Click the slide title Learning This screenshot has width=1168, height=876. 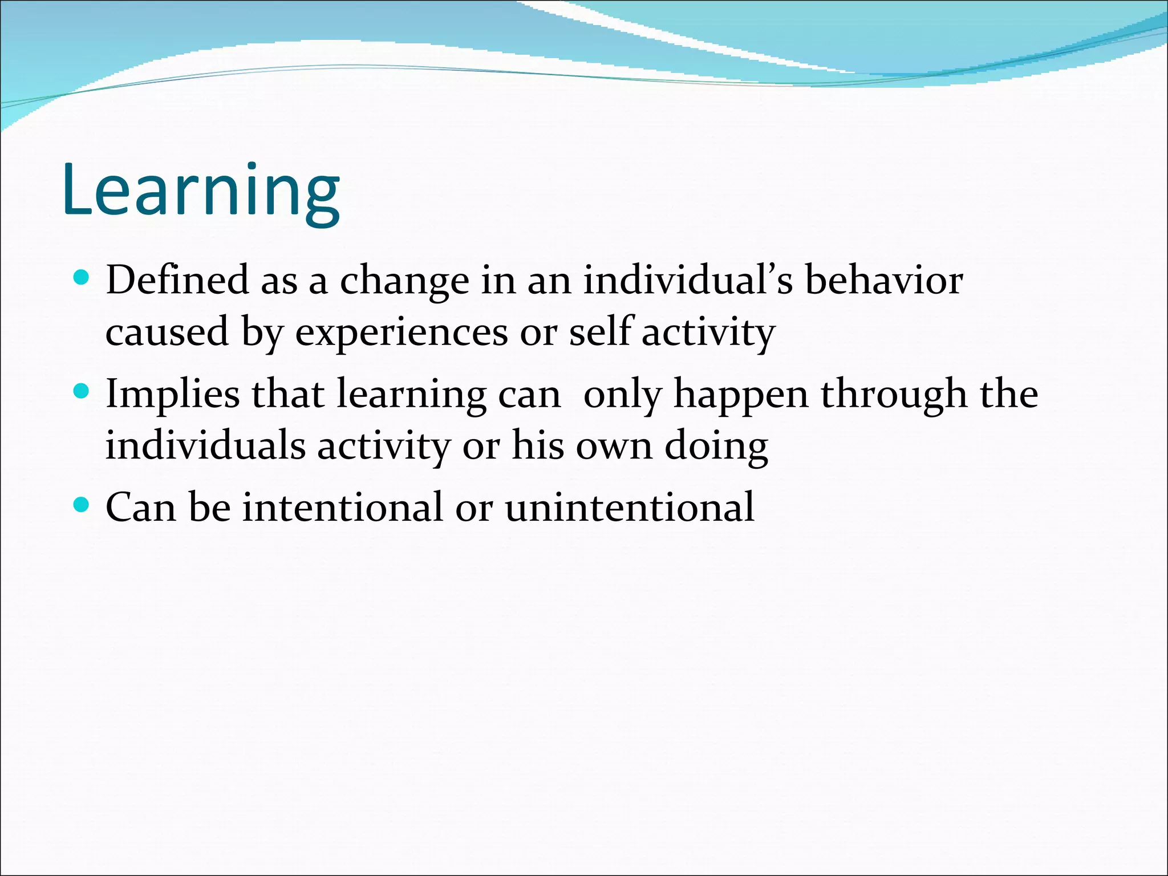pos(201,190)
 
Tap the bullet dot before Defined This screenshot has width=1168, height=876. pos(82,278)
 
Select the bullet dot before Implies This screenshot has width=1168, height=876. pos(82,392)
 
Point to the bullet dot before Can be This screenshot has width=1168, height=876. pos(82,505)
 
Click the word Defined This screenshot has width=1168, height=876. pos(177,280)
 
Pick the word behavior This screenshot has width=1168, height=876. pos(883,280)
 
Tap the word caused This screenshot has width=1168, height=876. pos(167,332)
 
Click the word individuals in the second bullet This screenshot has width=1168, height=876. pos(205,445)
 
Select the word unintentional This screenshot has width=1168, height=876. pos(630,507)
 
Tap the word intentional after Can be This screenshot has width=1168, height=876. pos(342,507)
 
